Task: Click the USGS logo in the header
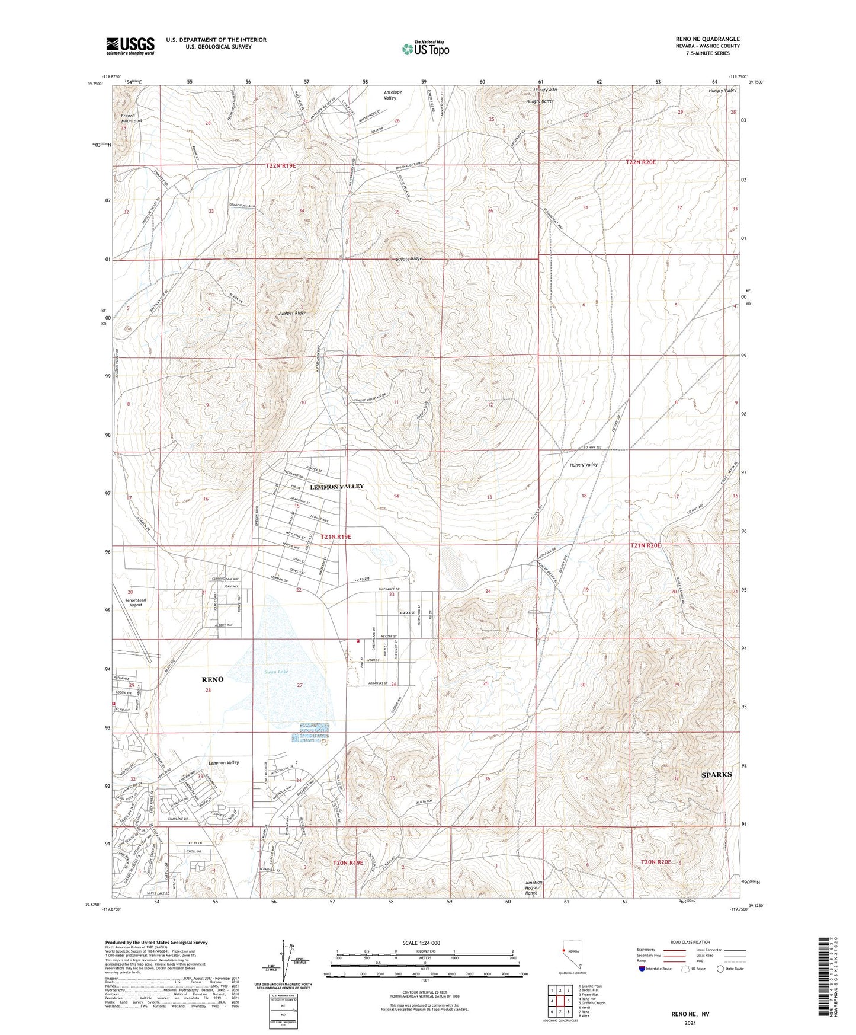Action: [130, 45]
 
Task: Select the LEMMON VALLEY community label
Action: [336, 486]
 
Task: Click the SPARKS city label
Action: [716, 775]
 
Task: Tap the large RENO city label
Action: [213, 679]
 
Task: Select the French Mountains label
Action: [128, 119]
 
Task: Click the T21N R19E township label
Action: [336, 536]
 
